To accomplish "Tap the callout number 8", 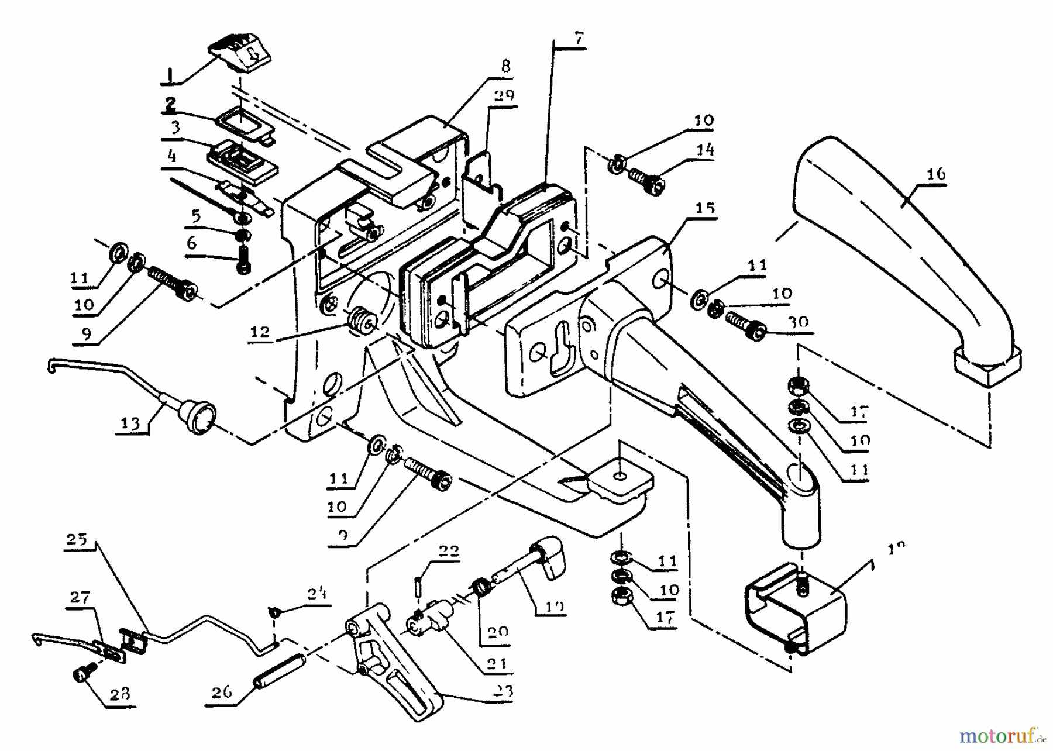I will (505, 65).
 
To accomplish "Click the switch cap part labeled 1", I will (240, 55).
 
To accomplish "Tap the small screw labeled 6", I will (242, 260).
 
